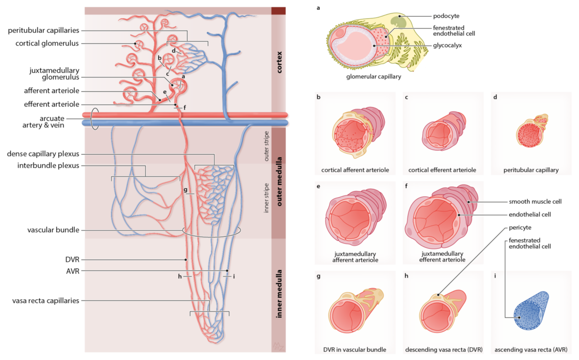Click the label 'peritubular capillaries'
pos(43,31)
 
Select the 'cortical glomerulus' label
pos(47,44)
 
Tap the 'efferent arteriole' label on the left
pos(52,104)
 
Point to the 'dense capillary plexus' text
pos(43,154)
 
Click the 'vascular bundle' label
pos(53,230)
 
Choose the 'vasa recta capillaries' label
pos(46,301)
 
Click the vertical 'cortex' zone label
pos(279,62)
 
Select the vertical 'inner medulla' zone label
pos(279,294)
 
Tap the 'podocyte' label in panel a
pos(446,16)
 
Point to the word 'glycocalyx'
pos(447,45)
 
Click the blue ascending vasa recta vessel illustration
pos(530,311)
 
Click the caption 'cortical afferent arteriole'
pos(355,170)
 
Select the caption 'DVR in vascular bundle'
pos(355,350)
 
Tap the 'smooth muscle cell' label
pos(535,202)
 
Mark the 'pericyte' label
pos(520,228)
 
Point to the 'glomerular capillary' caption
pos(373,76)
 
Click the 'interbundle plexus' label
pos(48,166)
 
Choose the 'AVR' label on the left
pos(73,271)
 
